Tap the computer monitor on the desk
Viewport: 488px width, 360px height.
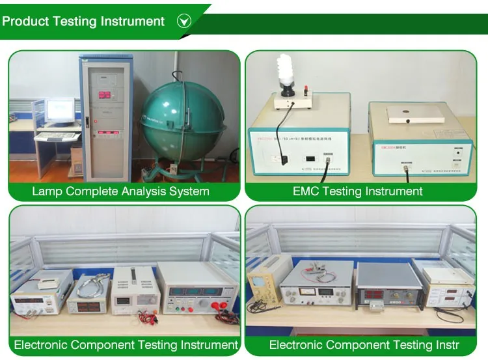click(x=60, y=111)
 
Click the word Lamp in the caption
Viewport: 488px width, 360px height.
click(x=46, y=191)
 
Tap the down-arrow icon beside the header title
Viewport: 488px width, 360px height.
click(x=184, y=21)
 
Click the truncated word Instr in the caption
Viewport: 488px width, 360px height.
click(x=445, y=345)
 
